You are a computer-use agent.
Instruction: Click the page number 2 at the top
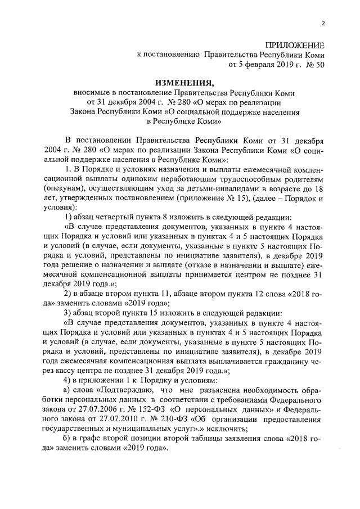coord(323,22)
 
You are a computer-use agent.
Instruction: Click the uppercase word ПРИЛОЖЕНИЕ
coord(295,45)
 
